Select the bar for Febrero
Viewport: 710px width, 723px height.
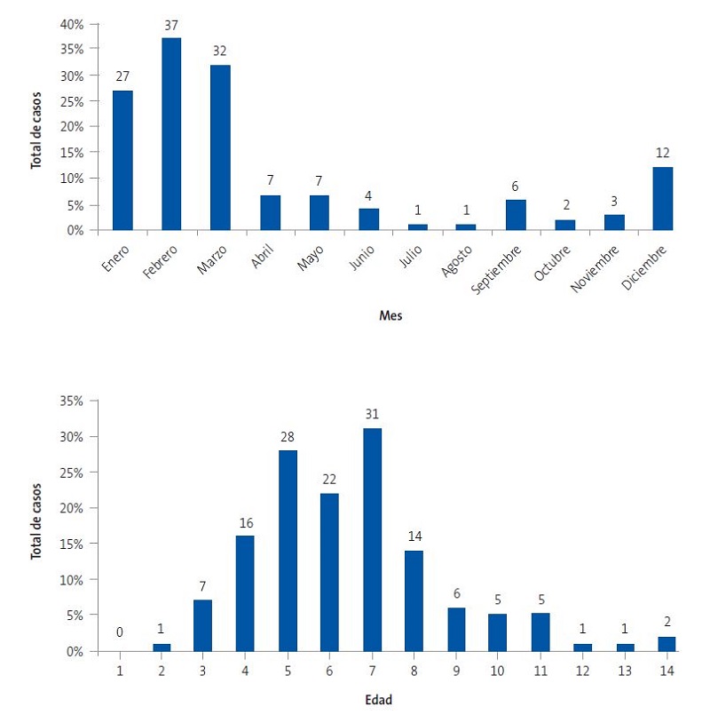(171, 133)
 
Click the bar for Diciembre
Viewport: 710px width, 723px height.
(663, 198)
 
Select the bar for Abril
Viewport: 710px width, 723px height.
(270, 212)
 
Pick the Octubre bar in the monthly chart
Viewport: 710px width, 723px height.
(564, 225)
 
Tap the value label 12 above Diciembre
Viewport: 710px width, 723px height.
(663, 153)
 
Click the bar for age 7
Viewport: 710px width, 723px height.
(372, 539)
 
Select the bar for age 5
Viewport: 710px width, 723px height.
(288, 551)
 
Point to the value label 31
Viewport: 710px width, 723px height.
(372, 414)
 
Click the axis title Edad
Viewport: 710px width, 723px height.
(380, 700)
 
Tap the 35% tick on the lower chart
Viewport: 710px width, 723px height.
(71, 401)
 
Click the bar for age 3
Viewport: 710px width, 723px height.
(203, 625)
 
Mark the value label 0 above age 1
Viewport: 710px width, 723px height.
(119, 633)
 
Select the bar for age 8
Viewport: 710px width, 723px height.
(414, 600)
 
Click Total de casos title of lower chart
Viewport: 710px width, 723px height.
(36, 513)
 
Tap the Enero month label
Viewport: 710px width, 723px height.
(117, 258)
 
